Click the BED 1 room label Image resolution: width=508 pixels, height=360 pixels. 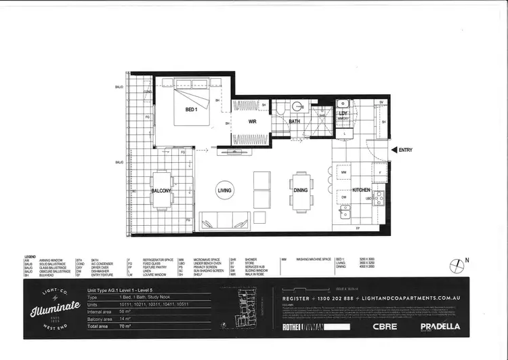190,109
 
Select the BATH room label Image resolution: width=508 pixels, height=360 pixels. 294,122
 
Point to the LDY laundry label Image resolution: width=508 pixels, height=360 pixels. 343,113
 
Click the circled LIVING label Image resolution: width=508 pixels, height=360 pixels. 224,191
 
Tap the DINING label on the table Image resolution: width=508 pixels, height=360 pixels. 301,191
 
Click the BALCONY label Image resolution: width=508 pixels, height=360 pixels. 161,191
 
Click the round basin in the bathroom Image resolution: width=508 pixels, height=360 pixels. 297,106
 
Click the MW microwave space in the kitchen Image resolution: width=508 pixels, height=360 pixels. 344,173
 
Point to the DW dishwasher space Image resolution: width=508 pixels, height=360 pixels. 344,198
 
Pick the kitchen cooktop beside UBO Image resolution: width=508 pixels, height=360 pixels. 378,197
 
